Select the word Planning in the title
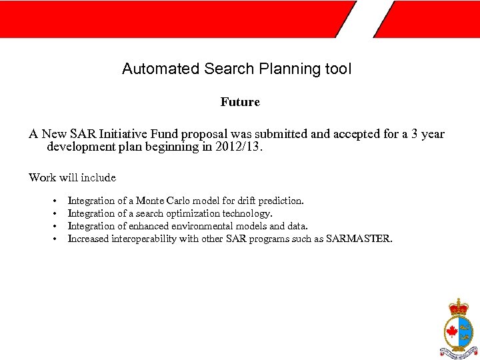pos(276,69)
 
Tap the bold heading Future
pos(240,102)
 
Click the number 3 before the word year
pos(415,134)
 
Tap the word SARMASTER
pos(359,239)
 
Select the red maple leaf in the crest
pos(451,331)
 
